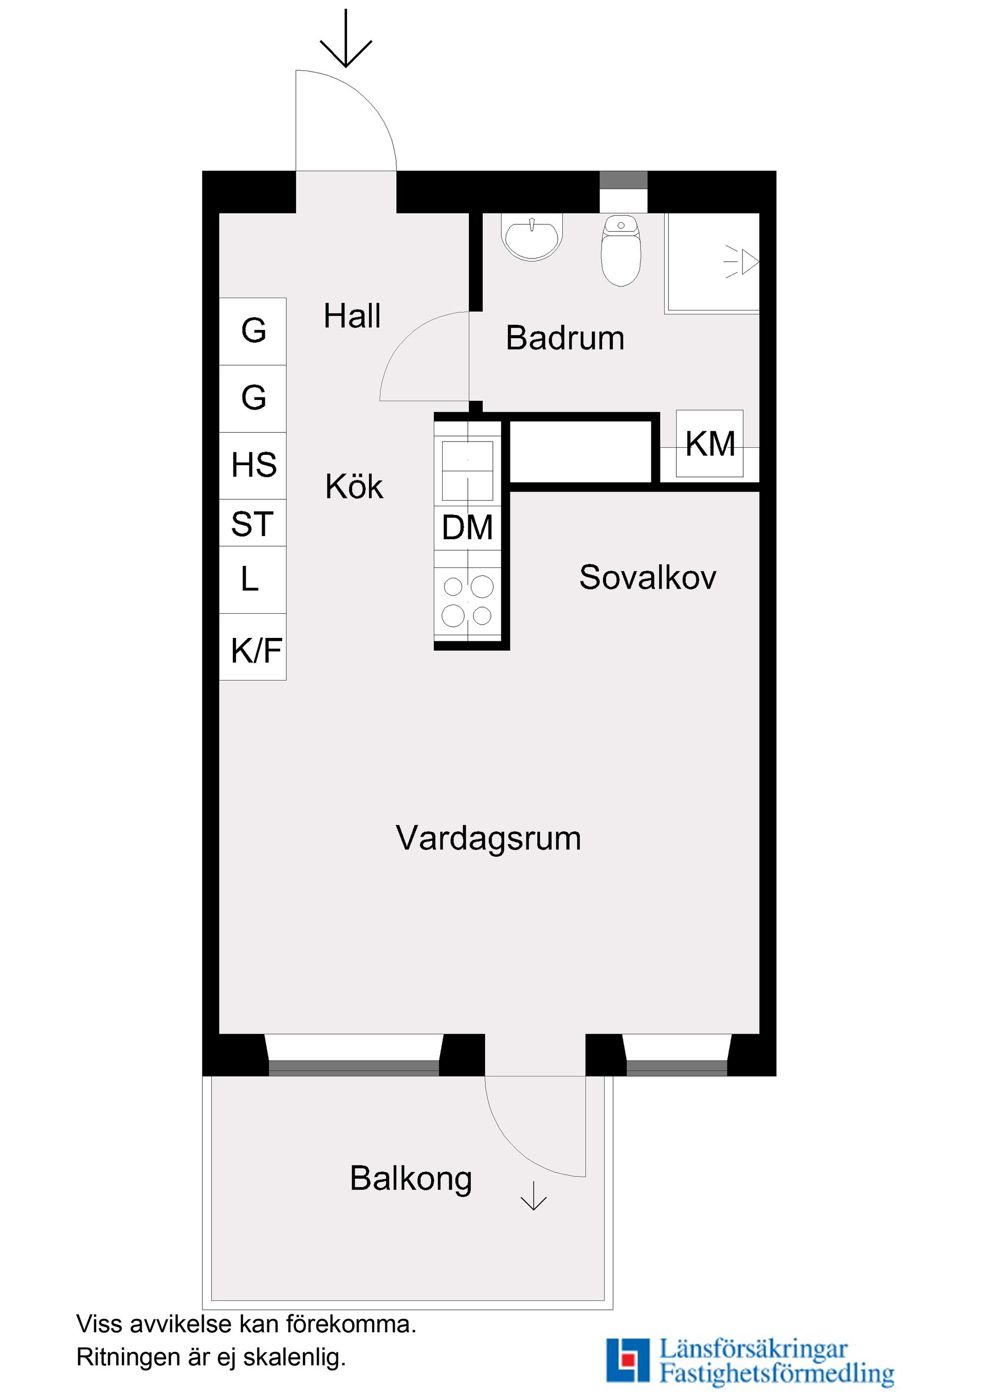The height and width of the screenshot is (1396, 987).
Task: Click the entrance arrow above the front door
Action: (345, 40)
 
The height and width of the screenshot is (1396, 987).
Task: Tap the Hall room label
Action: (352, 316)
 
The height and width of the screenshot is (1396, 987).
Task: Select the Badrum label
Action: (565, 338)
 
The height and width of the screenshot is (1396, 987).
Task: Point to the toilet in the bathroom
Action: (621, 250)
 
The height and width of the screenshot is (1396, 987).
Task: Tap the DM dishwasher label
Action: (467, 527)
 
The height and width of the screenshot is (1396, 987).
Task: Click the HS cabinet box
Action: (253, 465)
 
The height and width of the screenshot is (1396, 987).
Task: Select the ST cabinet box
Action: (253, 523)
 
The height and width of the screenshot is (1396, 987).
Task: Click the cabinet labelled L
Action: (252, 579)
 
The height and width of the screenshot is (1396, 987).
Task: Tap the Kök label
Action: (354, 487)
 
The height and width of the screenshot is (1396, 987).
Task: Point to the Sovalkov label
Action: (648, 577)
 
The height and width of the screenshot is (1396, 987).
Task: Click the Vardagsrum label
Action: (488, 838)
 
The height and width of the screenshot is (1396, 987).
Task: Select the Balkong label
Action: (411, 1179)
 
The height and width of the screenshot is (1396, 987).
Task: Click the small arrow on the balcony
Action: (533, 1196)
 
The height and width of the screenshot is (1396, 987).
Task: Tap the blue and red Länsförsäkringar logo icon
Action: (628, 1360)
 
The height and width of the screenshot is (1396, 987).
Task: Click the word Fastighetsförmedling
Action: (777, 1372)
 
